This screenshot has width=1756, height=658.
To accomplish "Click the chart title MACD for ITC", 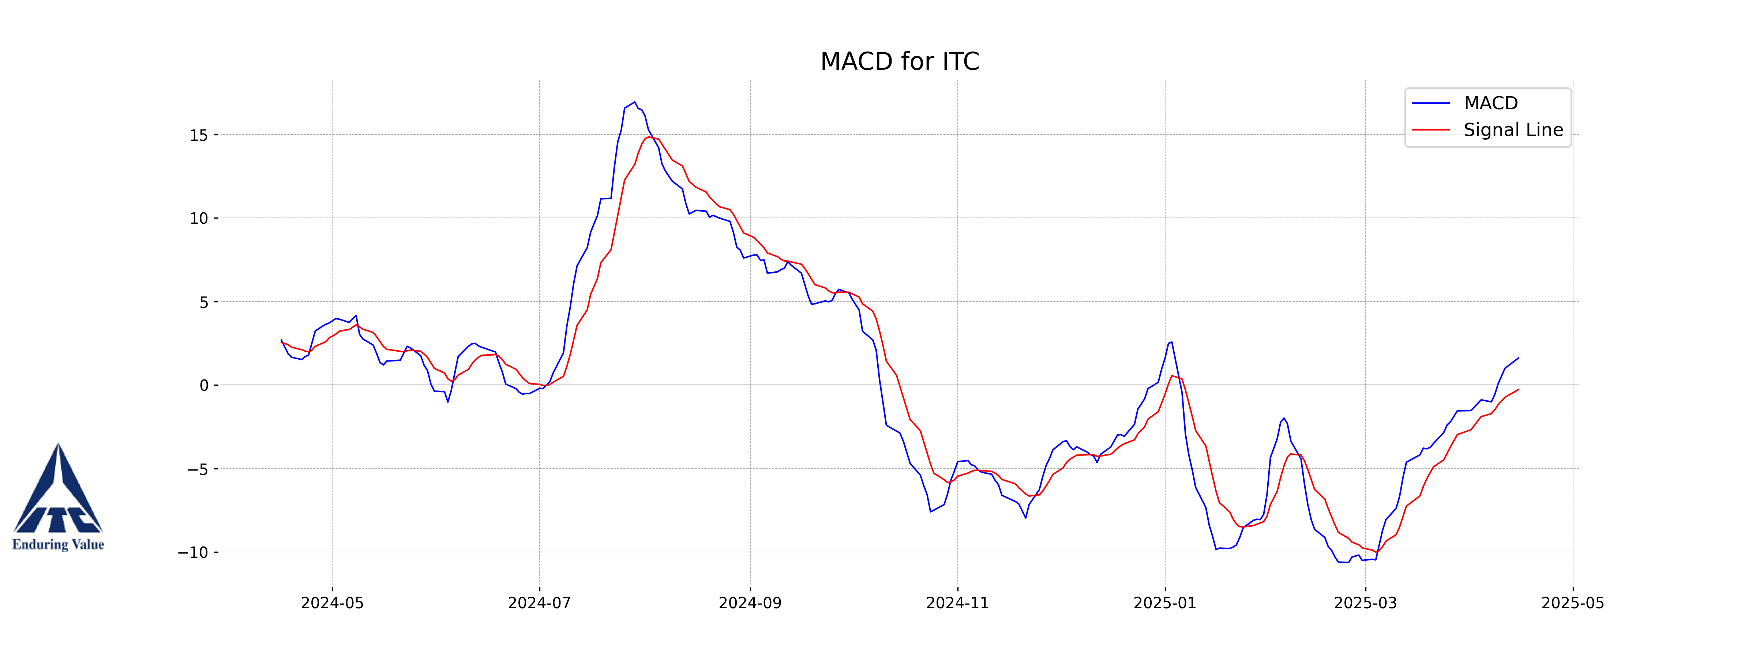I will point(899,61).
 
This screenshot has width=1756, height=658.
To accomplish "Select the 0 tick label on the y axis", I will point(204,386).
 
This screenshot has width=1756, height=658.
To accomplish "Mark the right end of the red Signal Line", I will point(1518,390).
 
